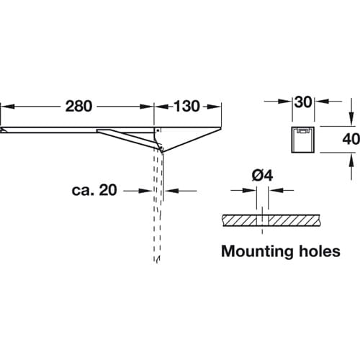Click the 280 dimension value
coord(78,106)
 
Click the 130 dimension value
coord(186,106)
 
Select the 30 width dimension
coord(303,102)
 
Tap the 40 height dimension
coord(351,139)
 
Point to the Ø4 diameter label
coord(262,176)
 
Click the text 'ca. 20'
coord(94,190)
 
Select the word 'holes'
coord(320,251)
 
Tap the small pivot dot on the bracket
coord(158,130)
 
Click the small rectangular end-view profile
coord(303,139)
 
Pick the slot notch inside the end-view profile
coord(303,130)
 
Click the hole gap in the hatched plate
coord(262,220)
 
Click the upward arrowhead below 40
coord(351,160)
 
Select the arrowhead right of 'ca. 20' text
coord(146,191)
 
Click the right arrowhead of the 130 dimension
coord(214,107)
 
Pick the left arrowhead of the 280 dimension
coord(8,107)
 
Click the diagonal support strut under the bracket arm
coord(128,139)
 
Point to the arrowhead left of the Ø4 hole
coord(250,190)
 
